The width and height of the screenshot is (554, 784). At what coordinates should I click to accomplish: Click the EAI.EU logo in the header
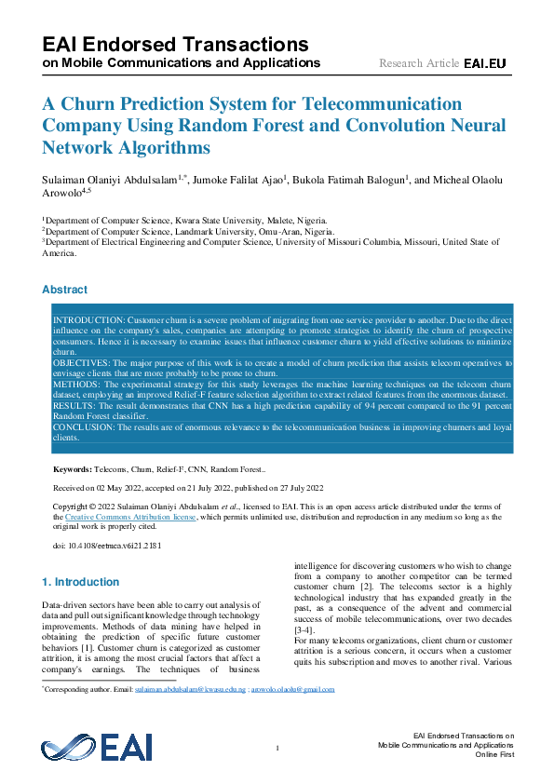(484, 63)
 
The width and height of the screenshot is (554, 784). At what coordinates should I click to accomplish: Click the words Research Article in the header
(418, 63)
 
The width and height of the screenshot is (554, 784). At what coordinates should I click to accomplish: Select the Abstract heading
(65, 290)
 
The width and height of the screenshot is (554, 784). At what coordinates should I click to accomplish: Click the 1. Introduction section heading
(81, 582)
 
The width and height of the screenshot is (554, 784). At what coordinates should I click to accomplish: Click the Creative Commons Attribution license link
(129, 516)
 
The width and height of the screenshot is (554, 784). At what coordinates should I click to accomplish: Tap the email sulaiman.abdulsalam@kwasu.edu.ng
(191, 690)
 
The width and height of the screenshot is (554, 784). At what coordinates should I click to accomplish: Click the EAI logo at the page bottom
(96, 748)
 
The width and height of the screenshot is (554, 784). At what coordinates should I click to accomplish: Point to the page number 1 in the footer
(277, 749)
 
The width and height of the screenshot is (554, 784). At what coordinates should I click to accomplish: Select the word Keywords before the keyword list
(73, 470)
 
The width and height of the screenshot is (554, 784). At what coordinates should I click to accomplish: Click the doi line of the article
(106, 546)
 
